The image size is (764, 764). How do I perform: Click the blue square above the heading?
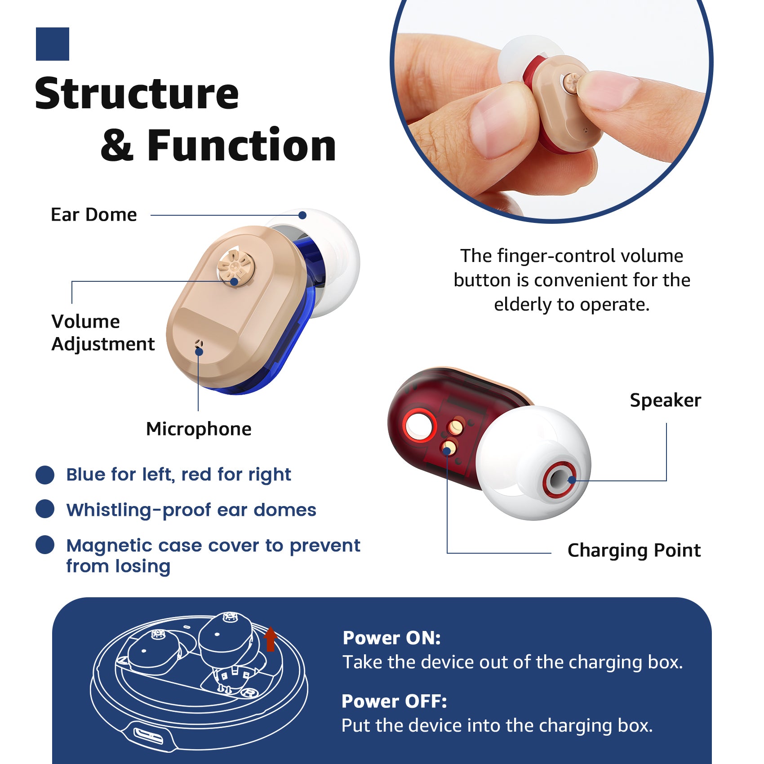point(53,44)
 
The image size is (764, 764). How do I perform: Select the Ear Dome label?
point(93,215)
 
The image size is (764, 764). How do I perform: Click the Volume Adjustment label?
point(103,333)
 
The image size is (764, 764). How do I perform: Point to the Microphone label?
point(199,429)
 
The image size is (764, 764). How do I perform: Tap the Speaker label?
point(665,400)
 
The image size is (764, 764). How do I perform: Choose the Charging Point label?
point(634,550)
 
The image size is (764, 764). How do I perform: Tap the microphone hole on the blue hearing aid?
point(199,345)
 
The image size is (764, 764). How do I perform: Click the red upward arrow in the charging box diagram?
point(270,639)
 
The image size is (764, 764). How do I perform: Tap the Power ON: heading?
point(391,638)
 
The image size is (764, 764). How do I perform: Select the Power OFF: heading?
point(394,701)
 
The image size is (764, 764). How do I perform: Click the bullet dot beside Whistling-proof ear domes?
point(45,509)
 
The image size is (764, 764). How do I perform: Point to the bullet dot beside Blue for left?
point(45,475)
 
